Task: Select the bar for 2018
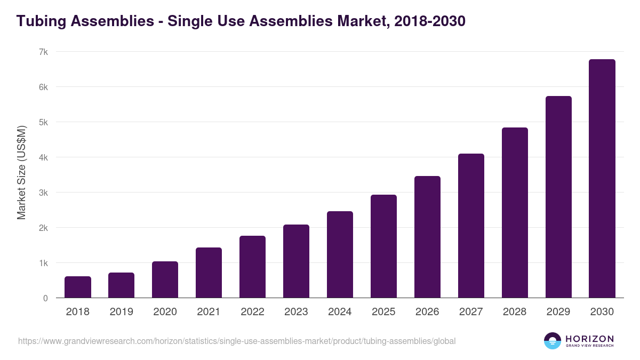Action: point(78,287)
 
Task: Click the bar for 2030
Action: point(602,179)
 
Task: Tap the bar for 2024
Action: point(340,254)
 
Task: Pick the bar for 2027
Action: point(471,226)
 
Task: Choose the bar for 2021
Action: point(209,273)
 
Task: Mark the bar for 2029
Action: point(558,197)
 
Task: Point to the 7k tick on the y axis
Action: point(43,52)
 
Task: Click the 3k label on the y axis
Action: point(43,193)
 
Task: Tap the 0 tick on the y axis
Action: point(45,298)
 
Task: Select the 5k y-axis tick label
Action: point(43,122)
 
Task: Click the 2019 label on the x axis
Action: point(121,312)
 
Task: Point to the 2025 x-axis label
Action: point(383,312)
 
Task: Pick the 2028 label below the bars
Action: point(515,312)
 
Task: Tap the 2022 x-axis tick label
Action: point(252,312)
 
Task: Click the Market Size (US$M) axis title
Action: point(21,172)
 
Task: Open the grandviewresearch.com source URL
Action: point(237,341)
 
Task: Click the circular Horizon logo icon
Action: point(553,341)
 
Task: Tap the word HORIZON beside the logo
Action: point(589,339)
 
